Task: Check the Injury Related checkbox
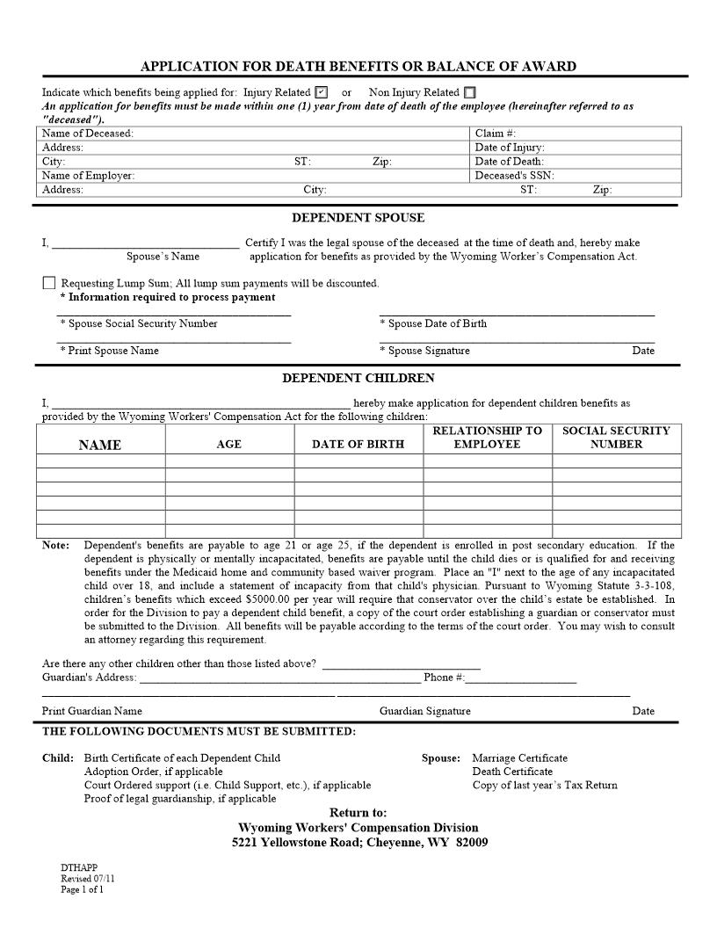[x=321, y=92]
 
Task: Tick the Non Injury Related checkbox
[x=470, y=92]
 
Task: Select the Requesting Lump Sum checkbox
[x=48, y=283]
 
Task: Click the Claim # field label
[x=496, y=134]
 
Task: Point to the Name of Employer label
[x=89, y=176]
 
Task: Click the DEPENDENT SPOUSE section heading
[x=358, y=218]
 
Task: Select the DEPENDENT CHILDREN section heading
[x=358, y=379]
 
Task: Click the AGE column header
[x=228, y=445]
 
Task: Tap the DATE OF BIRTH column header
[x=358, y=445]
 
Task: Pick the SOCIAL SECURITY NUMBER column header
[x=616, y=438]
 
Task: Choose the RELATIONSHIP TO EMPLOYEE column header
[x=487, y=438]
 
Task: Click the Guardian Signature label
[x=424, y=711]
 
